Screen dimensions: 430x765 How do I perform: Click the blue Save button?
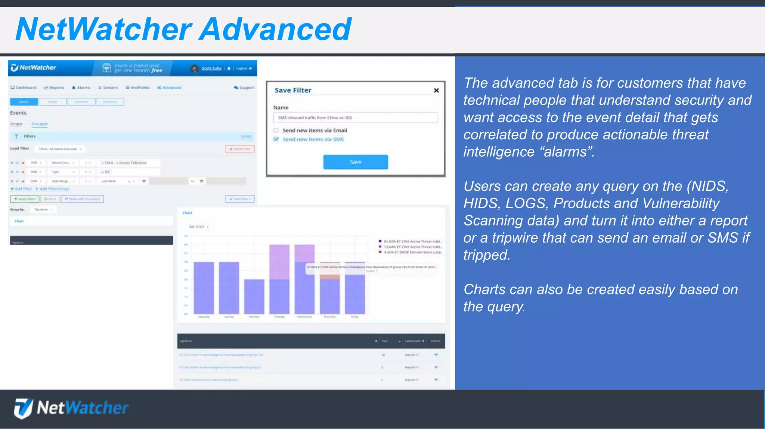355,162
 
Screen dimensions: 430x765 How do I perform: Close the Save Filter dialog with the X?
436,90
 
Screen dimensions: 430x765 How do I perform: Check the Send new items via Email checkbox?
276,130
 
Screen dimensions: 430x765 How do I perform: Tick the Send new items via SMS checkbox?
276,139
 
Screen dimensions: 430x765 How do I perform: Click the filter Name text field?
355,118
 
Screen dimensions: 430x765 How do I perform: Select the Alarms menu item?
81,88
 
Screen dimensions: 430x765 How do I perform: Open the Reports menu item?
54,88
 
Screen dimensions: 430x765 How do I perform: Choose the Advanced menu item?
169,88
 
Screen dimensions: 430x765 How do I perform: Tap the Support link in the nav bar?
244,88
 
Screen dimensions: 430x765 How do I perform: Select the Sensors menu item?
108,88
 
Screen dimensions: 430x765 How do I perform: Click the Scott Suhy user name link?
211,68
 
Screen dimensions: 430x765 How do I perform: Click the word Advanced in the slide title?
275,29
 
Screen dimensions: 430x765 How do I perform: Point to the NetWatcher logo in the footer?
71,408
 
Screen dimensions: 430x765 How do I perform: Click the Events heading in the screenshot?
18,113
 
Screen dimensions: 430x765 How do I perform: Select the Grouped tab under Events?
40,124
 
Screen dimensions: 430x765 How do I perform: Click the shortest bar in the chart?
254,296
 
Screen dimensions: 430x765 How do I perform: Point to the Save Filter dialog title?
293,90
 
